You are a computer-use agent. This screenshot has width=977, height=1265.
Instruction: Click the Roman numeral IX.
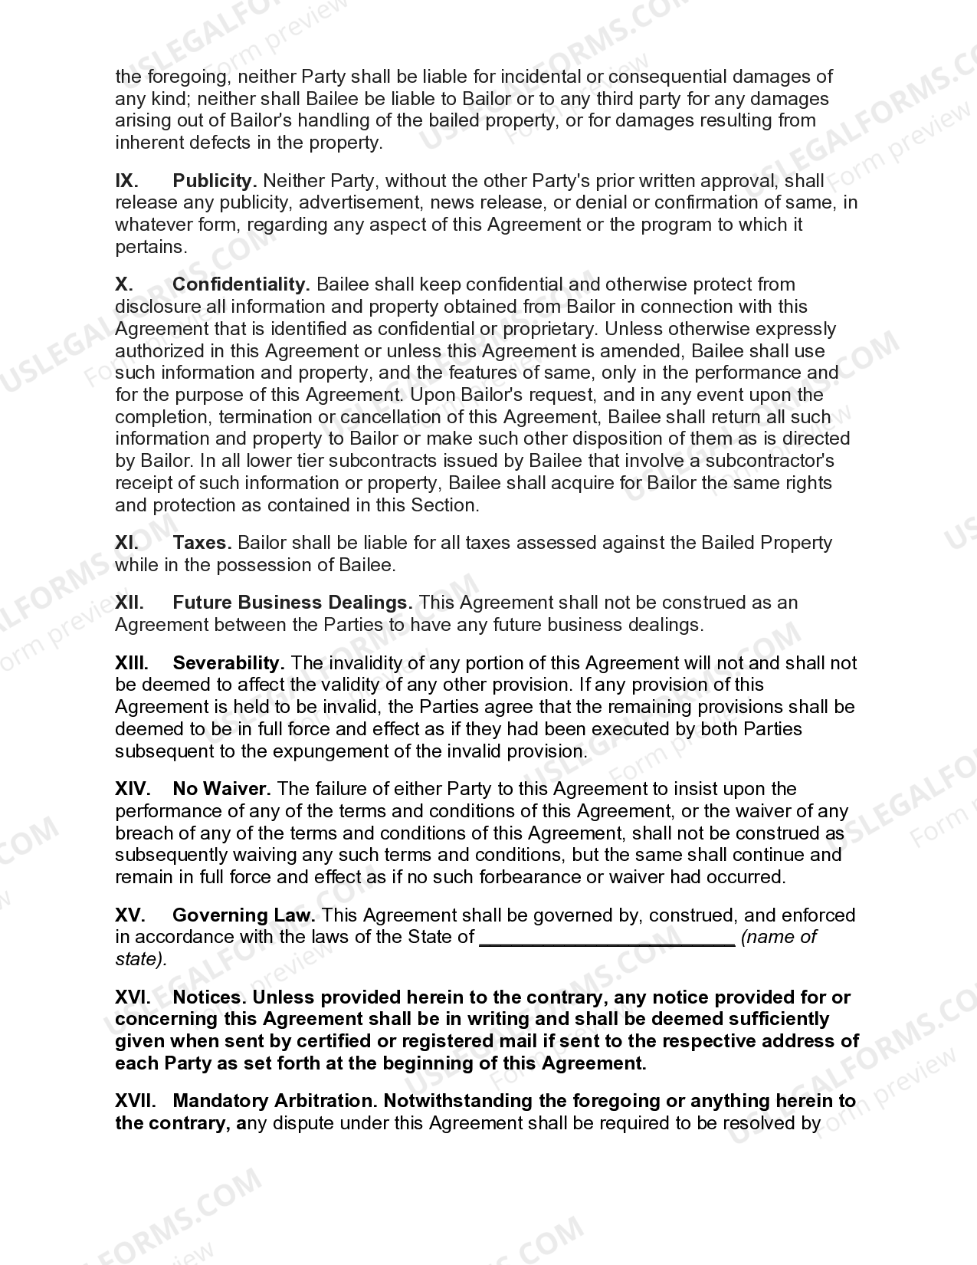click(x=126, y=181)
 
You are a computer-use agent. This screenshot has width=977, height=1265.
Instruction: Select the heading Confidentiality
click(x=241, y=284)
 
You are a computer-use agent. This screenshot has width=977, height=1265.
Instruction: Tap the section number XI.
click(x=126, y=543)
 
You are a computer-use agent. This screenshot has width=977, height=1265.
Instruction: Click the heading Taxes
click(x=202, y=543)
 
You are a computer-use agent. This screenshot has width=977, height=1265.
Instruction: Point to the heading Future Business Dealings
click(x=292, y=603)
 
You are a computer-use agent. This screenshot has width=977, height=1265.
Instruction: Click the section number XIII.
click(x=131, y=662)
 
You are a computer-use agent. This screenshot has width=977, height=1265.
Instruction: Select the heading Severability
click(x=228, y=662)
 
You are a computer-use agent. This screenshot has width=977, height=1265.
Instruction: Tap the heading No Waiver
click(x=221, y=789)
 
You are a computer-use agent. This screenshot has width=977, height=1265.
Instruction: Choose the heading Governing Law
click(x=244, y=915)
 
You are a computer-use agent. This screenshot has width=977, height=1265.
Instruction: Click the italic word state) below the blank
click(x=140, y=960)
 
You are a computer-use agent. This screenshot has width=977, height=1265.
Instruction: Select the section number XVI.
click(x=132, y=997)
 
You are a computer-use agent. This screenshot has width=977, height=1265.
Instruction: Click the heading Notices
click(x=209, y=997)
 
